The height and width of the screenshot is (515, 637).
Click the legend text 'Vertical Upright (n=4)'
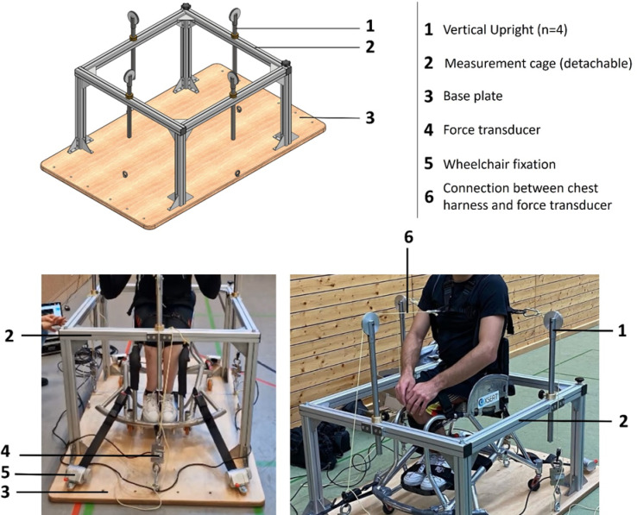coord(505,29)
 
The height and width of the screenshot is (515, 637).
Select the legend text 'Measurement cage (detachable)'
coord(538,63)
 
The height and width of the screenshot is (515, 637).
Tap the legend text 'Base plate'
coord(473,97)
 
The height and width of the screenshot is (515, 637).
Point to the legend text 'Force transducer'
coord(492,130)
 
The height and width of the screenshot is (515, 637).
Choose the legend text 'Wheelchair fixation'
coord(499,164)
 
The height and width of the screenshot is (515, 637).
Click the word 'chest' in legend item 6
coord(581,188)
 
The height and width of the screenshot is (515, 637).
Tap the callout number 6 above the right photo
coord(408,237)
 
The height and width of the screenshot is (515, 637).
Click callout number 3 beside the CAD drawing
coord(369,118)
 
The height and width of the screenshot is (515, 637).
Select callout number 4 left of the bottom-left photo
coord(6,451)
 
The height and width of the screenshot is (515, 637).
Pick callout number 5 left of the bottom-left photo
coord(5,473)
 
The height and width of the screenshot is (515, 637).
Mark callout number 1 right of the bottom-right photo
coord(622,331)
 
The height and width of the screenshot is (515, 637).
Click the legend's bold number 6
coord(429,197)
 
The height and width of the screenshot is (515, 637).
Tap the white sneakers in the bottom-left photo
coord(159,407)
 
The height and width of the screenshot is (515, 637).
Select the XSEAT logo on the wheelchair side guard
coord(489,400)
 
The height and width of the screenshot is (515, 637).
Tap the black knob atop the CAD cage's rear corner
coord(186,6)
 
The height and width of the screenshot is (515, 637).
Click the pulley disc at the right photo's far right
coord(553,321)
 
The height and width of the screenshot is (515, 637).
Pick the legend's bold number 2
coord(429,63)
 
